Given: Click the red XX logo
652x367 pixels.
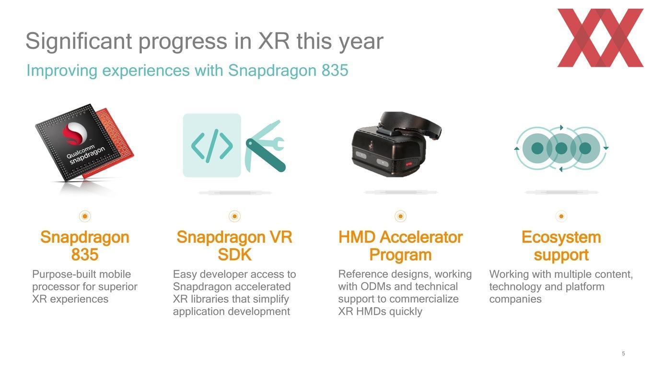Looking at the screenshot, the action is tap(600, 38).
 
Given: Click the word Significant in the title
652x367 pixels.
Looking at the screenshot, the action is tap(79, 41).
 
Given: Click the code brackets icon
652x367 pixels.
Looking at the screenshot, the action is tap(212, 145).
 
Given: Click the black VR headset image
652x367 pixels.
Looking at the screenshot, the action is tap(396, 144).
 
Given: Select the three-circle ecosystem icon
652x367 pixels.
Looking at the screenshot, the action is tap(561, 148).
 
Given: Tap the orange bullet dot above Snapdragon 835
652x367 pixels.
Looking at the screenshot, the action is tap(85, 216).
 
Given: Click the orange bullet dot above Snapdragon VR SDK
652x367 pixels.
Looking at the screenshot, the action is tap(234, 216).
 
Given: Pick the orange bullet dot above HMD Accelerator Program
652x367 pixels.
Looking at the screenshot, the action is tap(400, 216).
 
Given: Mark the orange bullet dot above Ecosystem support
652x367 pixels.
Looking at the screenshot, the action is tap(561, 216).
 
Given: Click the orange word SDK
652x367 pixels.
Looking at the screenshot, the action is tap(234, 255).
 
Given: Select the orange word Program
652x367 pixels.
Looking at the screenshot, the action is tap(400, 255).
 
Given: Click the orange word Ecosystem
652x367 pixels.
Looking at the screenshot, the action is tap(561, 237).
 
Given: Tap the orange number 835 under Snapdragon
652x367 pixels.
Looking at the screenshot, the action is tap(85, 255).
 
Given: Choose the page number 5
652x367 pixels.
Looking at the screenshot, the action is tap(623, 354).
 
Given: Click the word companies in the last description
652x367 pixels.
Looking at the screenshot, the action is tap(515, 299).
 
